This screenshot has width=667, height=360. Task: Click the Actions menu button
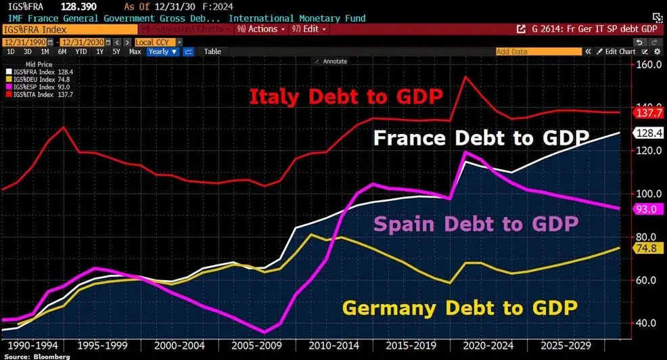click(259, 29)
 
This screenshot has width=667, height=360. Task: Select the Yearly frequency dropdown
click(162, 51)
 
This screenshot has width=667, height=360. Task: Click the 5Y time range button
click(116, 51)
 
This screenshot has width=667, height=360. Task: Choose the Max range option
click(135, 51)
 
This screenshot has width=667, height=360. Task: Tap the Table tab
click(212, 51)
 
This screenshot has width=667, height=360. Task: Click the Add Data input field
click(538, 51)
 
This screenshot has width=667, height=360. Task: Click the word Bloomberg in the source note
click(51, 356)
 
